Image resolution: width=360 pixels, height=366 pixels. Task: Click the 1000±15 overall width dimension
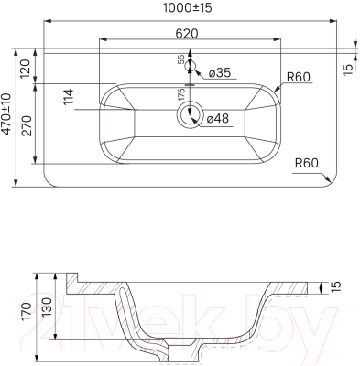[187, 8]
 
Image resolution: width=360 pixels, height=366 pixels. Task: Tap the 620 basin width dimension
[187, 34]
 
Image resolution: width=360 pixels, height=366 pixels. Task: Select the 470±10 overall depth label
[6, 113]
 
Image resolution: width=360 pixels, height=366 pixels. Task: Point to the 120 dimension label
[26, 69]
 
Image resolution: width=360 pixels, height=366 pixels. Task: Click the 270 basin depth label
[27, 125]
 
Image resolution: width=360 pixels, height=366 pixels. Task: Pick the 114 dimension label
[69, 96]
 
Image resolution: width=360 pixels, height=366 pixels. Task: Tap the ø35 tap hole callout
[220, 73]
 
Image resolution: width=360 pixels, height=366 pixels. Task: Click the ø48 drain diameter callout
[217, 118]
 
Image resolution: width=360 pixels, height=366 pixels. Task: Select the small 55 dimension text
[181, 59]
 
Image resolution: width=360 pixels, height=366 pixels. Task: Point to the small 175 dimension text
[181, 94]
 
